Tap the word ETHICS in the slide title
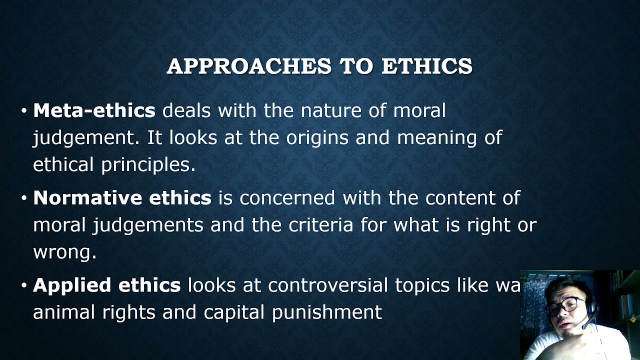pos(426,66)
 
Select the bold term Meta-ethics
pos(94,110)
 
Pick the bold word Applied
pos(71,285)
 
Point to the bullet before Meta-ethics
pos(24,111)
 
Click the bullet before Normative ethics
pos(24,198)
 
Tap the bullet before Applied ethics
pos(24,285)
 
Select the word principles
pos(148,165)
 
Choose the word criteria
pos(321,225)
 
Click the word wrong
pos(64,252)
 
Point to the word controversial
pos(328,285)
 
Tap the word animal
pos(64,312)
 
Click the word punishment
pos(327,313)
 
